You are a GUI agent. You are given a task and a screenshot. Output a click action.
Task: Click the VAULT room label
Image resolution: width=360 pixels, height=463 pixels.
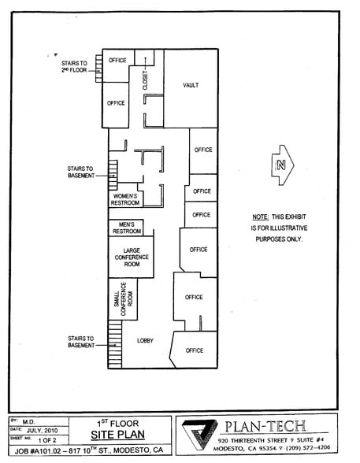pyautogui.click(x=190, y=85)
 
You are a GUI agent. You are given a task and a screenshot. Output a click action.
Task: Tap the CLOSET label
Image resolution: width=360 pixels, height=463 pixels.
pyautogui.click(x=145, y=81)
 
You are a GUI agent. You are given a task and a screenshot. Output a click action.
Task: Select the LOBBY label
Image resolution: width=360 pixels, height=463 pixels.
pyautogui.click(x=145, y=340)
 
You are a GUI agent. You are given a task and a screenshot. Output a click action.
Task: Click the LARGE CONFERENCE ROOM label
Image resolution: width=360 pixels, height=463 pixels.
pyautogui.click(x=131, y=257)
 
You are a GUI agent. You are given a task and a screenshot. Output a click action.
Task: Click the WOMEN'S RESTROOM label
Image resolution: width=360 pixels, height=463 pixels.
pyautogui.click(x=125, y=199)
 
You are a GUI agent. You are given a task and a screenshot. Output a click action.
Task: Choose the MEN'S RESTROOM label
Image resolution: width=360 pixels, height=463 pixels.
pyautogui.click(x=127, y=228)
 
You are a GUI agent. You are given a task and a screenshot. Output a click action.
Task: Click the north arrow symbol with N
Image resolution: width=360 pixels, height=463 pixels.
pyautogui.click(x=280, y=165)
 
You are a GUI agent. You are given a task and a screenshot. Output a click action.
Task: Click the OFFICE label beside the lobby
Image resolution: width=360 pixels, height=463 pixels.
pyautogui.click(x=195, y=350)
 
